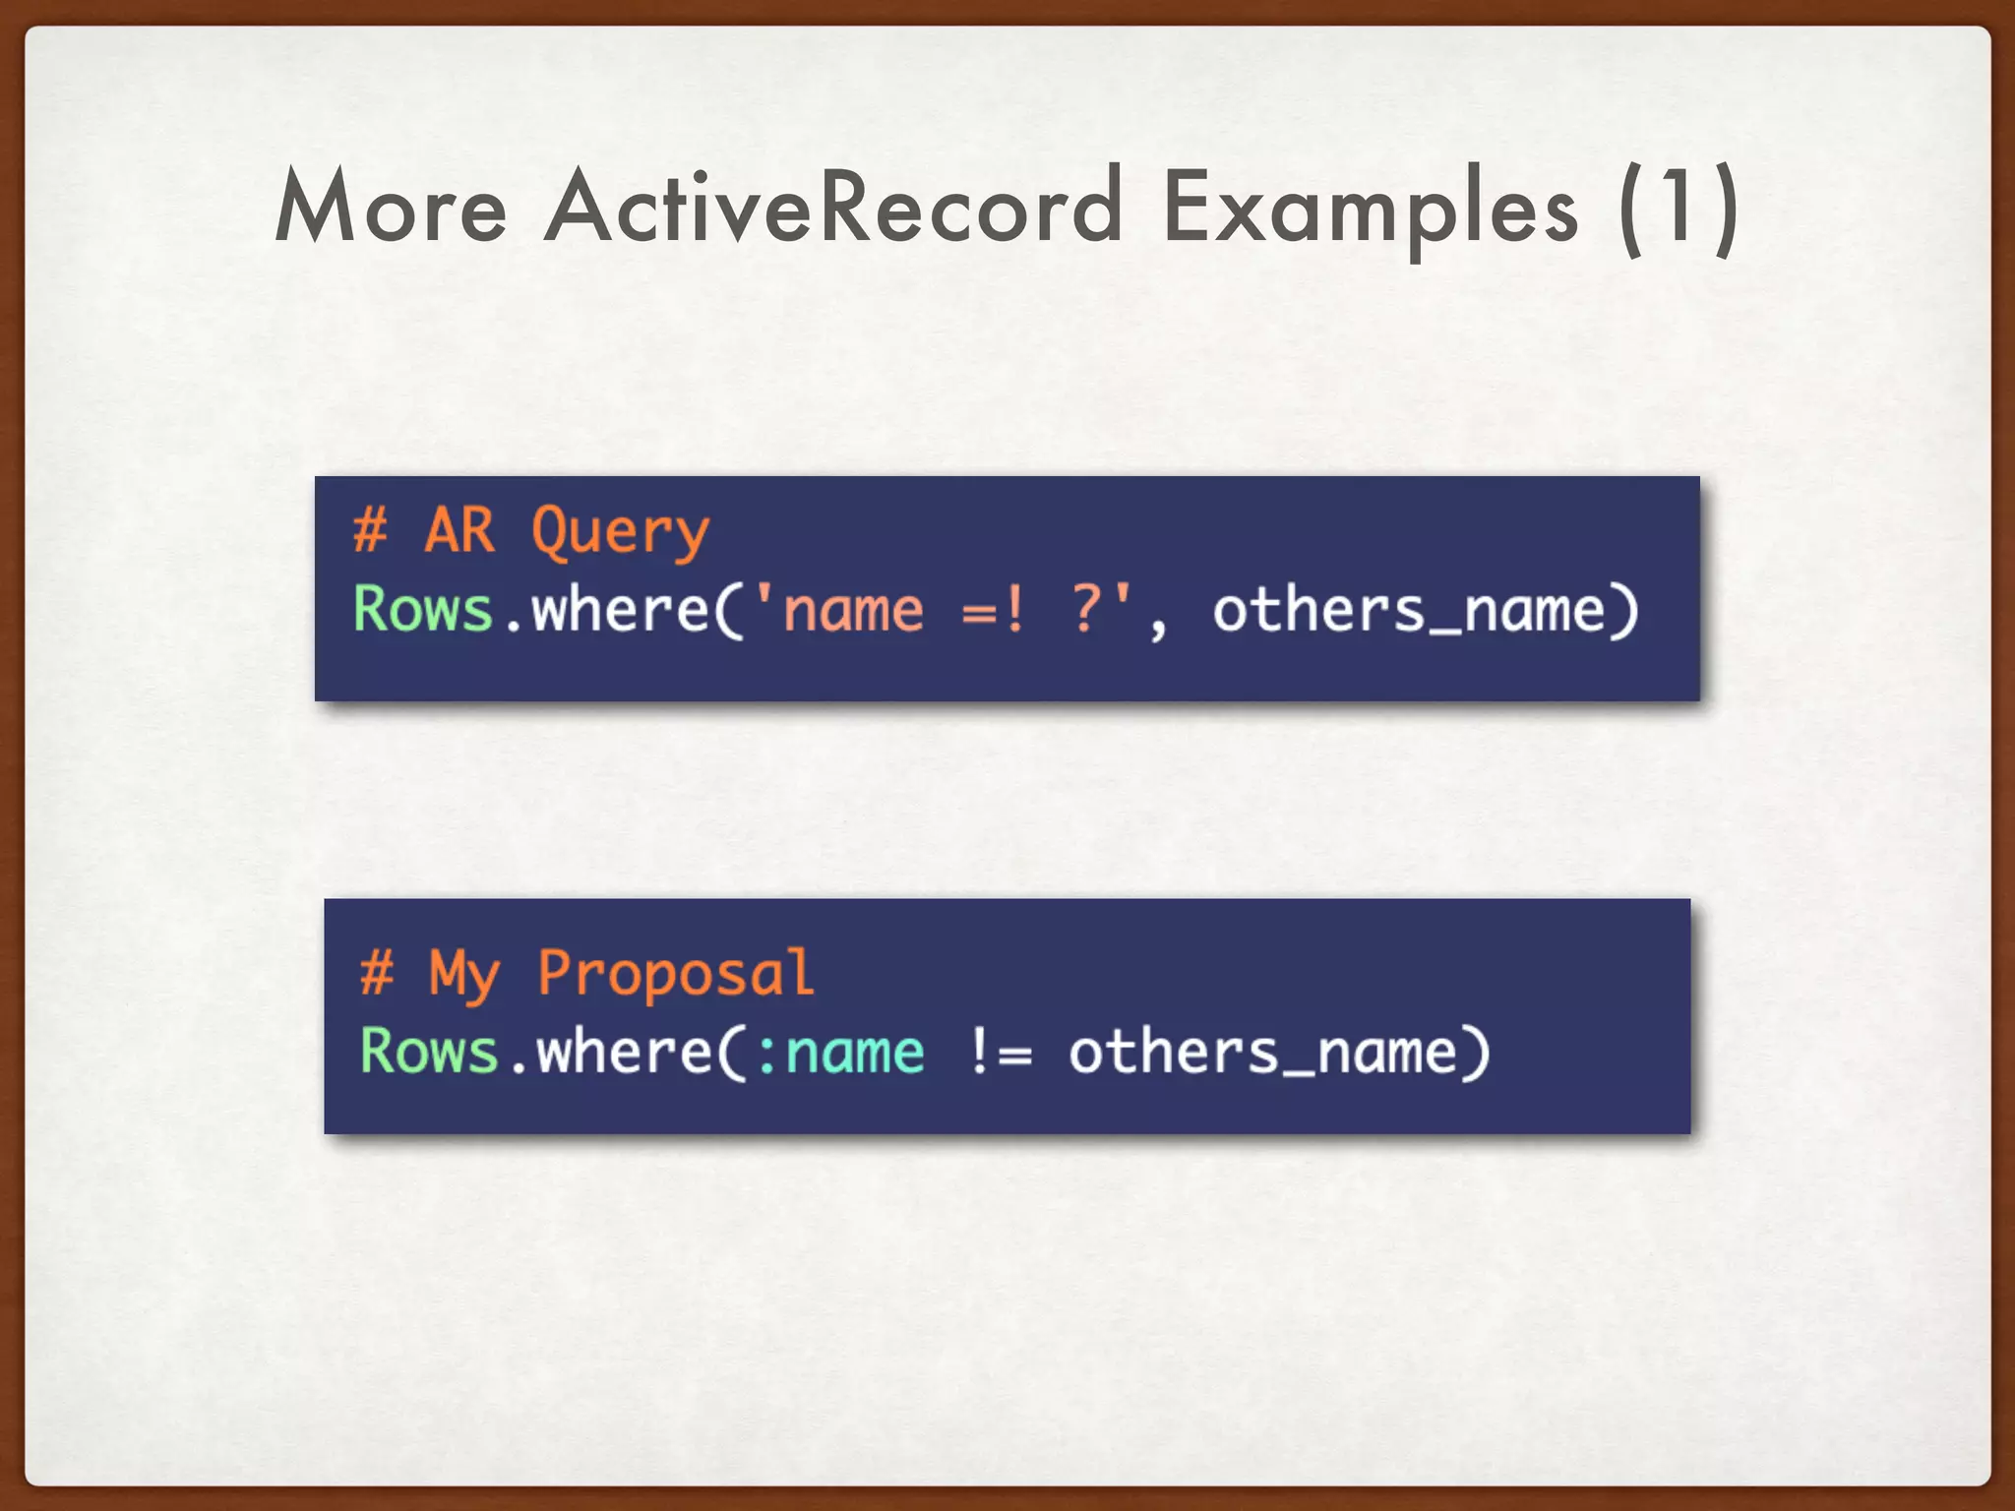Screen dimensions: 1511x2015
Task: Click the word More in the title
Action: [x=391, y=208]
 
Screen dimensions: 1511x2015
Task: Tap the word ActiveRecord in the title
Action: [x=833, y=208]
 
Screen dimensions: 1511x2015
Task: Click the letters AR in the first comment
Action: [x=459, y=531]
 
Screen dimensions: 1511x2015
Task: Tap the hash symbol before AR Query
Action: [x=370, y=531]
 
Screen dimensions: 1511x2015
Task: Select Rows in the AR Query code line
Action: [x=423, y=610]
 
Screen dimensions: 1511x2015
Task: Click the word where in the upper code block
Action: [x=620, y=610]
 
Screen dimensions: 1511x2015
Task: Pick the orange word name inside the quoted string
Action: [x=853, y=611]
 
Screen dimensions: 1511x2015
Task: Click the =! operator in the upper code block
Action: [x=994, y=611]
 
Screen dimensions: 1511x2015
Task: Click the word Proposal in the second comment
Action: [x=676, y=974]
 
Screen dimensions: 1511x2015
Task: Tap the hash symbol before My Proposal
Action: [x=377, y=973]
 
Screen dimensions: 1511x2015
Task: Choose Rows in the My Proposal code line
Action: [x=429, y=1052]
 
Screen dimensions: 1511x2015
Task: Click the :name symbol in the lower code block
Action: [x=841, y=1053]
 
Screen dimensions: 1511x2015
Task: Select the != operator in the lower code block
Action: [x=1001, y=1052]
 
